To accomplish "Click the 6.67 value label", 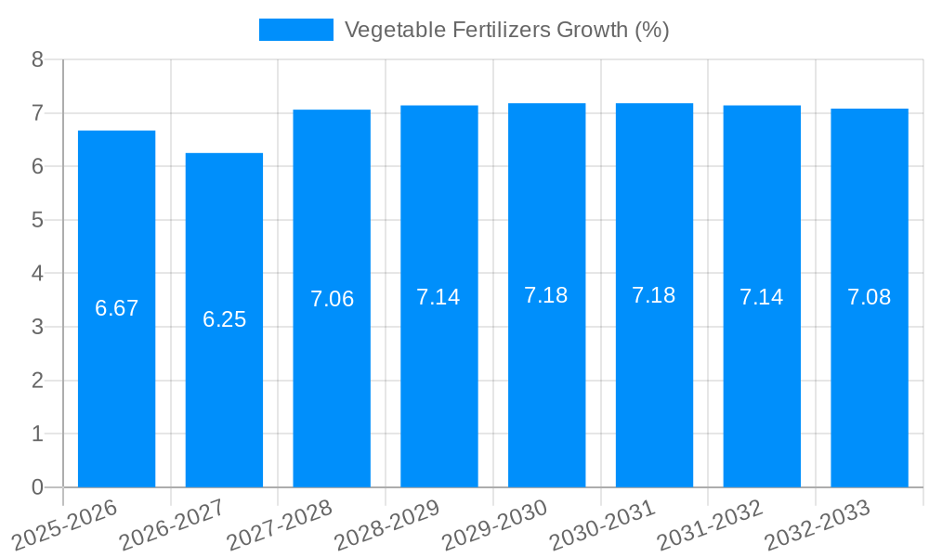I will tap(116, 308).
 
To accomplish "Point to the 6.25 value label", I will tap(224, 319).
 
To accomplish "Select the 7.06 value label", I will tap(332, 299).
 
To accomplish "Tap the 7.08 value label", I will tap(869, 297).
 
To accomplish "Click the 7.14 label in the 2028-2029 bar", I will tap(438, 297).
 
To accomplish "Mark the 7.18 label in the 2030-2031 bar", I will tap(654, 295).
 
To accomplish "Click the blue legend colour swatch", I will tap(295, 30).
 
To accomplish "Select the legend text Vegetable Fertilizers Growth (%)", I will tap(506, 30).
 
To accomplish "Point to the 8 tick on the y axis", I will tap(37, 59).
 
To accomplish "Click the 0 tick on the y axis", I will tap(37, 487).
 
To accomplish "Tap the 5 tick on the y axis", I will tap(37, 220).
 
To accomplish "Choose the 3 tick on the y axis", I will tap(37, 327).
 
